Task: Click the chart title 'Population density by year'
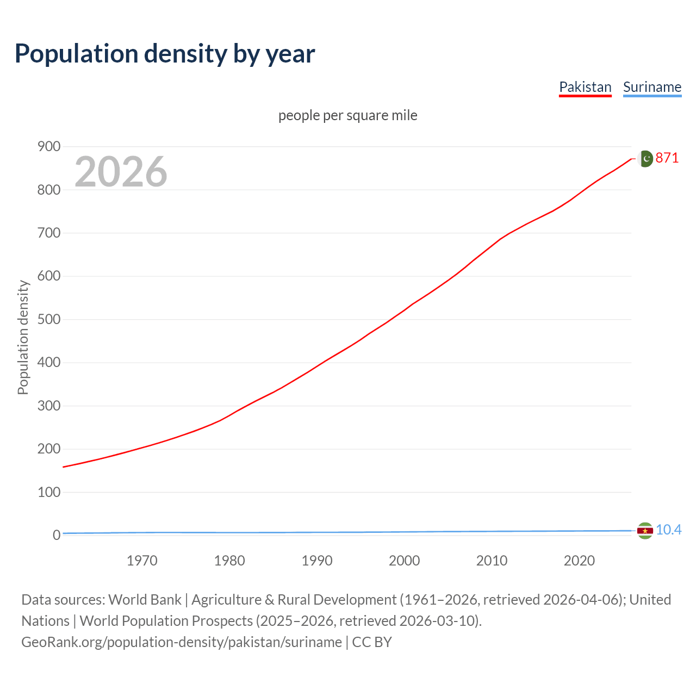point(165,54)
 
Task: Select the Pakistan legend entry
point(585,87)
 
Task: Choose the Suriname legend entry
point(652,87)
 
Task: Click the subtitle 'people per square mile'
point(347,115)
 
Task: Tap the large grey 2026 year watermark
point(121,172)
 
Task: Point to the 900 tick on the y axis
point(49,147)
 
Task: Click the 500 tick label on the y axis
point(49,319)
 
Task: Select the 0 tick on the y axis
point(57,535)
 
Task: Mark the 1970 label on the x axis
point(142,561)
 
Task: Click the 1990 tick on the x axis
point(317,561)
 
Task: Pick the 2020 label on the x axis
point(579,561)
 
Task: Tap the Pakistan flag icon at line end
point(645,158)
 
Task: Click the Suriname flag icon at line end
point(645,530)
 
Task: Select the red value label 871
point(667,158)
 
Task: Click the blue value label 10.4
point(668,530)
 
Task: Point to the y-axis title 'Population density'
point(23,337)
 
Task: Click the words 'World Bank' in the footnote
point(145,600)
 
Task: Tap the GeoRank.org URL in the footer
point(182,642)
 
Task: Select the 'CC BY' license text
point(372,642)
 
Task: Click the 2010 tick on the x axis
point(492,561)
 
